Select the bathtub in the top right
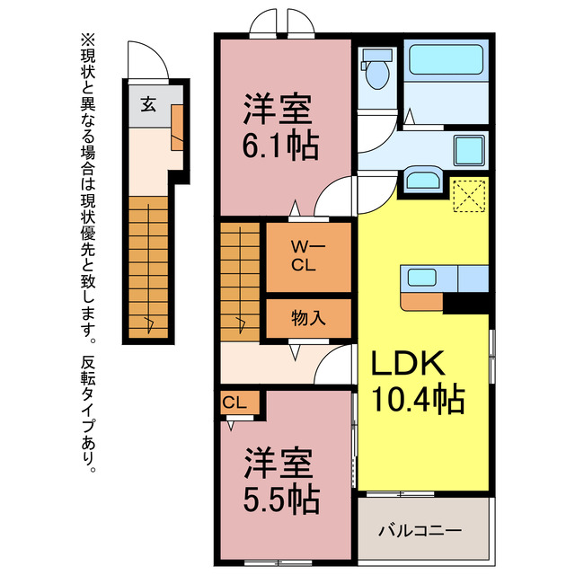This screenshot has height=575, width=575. click(447, 60)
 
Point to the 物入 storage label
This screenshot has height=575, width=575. click(307, 318)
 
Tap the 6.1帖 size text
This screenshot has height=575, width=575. click(281, 146)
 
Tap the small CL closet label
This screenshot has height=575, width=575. click(235, 403)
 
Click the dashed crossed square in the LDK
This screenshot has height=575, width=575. click(469, 195)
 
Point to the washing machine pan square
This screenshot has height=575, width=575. click(467, 150)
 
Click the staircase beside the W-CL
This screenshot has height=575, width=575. click(239, 280)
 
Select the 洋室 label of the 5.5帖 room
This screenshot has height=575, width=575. click(280, 464)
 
